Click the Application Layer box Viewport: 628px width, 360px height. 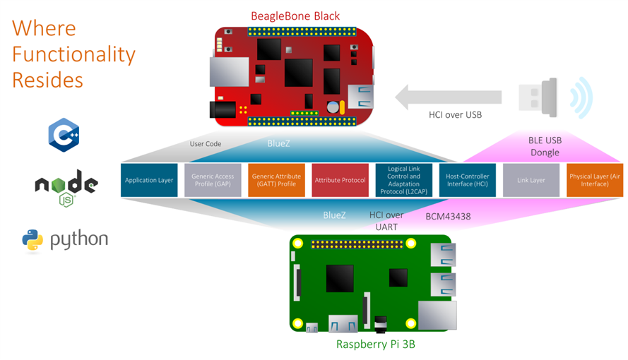pyautogui.click(x=149, y=180)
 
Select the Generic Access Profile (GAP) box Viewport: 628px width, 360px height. pyautogui.click(x=213, y=180)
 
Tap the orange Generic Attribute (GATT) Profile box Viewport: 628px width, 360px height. pyautogui.click(x=276, y=180)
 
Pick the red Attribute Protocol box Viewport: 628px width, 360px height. pyautogui.click(x=340, y=180)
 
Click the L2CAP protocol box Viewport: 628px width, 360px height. pyautogui.click(x=404, y=180)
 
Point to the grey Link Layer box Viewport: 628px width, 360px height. pyautogui.click(x=531, y=180)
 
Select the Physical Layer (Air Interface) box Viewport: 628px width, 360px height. pyautogui.click(x=595, y=180)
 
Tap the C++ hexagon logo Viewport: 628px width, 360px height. pyautogui.click(x=64, y=135)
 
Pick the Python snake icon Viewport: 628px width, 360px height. pyautogui.click(x=32, y=240)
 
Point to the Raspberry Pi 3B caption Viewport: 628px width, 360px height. pyautogui.click(x=374, y=345)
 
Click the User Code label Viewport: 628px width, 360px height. pyautogui.click(x=206, y=144)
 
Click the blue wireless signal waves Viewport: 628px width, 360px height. pyautogui.click(x=581, y=97)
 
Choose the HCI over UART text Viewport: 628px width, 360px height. pyautogui.click(x=386, y=220)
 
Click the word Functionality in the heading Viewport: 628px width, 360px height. pyautogui.click(x=73, y=54)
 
